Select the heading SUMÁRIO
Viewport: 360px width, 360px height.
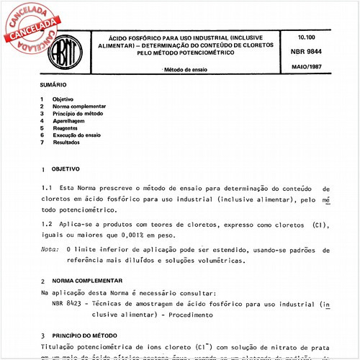(53, 85)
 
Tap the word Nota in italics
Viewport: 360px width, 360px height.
(49, 249)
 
